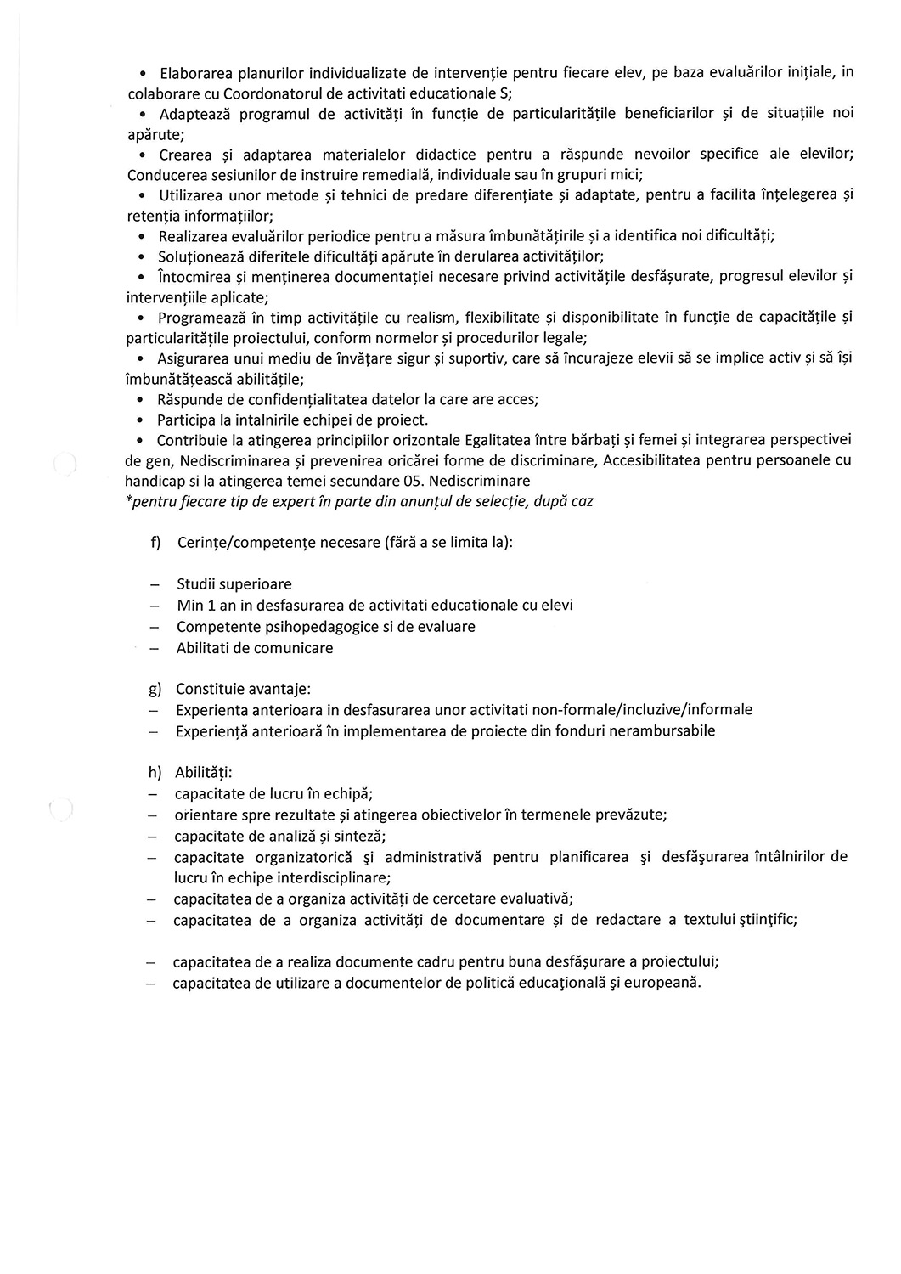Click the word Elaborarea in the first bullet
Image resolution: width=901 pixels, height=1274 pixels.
click(192, 72)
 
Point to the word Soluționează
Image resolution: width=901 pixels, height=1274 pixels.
click(200, 256)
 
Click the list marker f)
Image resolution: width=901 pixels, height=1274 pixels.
click(155, 543)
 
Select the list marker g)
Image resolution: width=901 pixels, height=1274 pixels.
click(155, 689)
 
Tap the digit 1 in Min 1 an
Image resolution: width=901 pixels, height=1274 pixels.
click(211, 606)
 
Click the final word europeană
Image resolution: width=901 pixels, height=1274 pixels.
click(663, 983)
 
